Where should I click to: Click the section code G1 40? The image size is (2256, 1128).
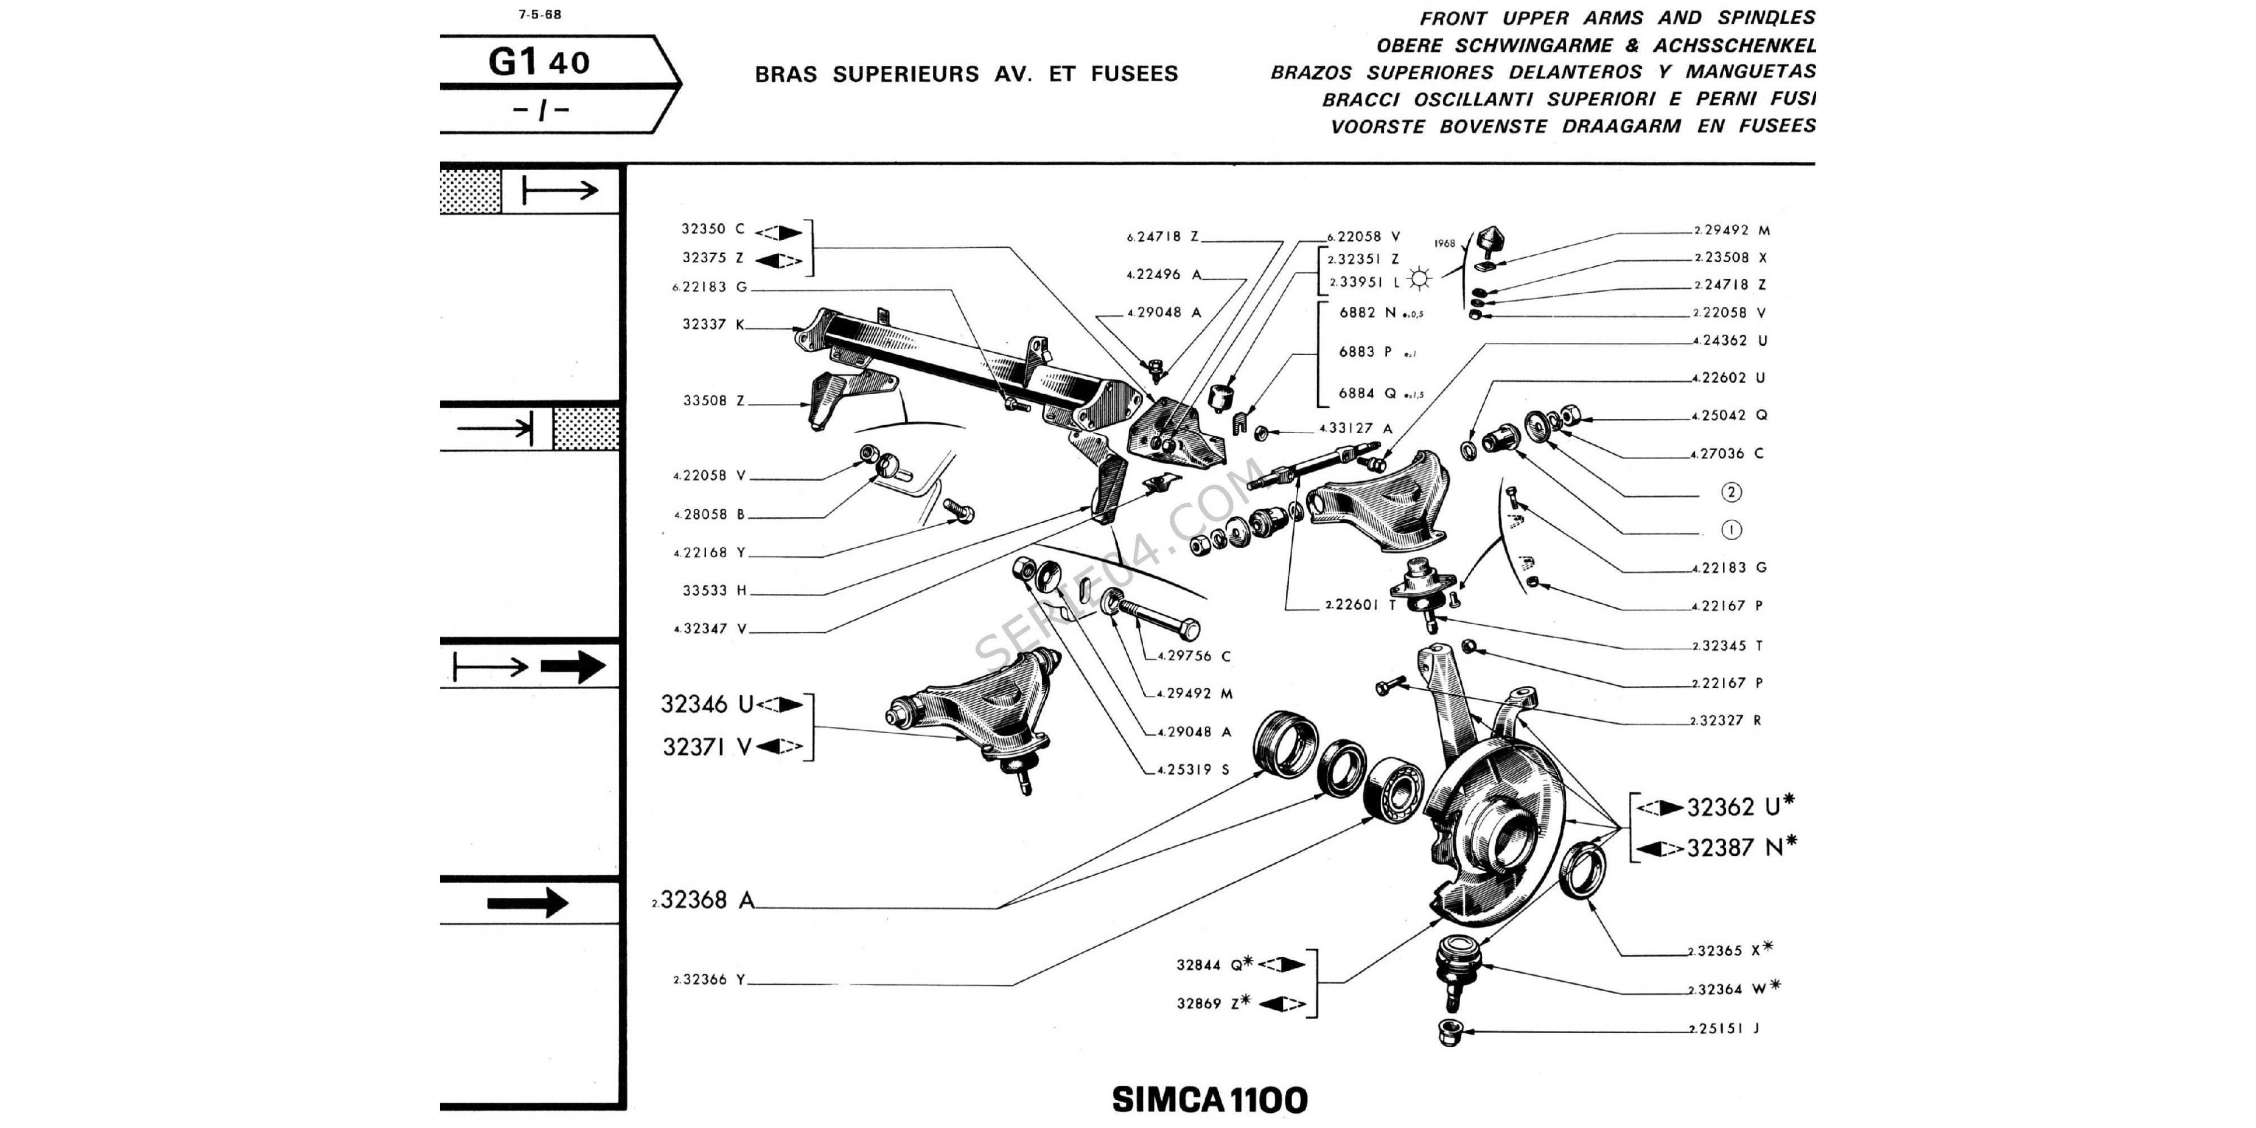coord(539,61)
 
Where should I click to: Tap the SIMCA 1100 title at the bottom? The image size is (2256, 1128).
coord(1209,1099)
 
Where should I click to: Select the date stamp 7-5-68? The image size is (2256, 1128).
coord(540,14)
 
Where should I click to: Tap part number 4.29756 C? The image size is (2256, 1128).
coord(1193,656)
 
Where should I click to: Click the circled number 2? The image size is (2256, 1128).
coord(1731,492)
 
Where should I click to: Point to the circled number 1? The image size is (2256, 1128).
coord(1731,530)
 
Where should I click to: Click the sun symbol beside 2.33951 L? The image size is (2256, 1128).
coord(1420,280)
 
